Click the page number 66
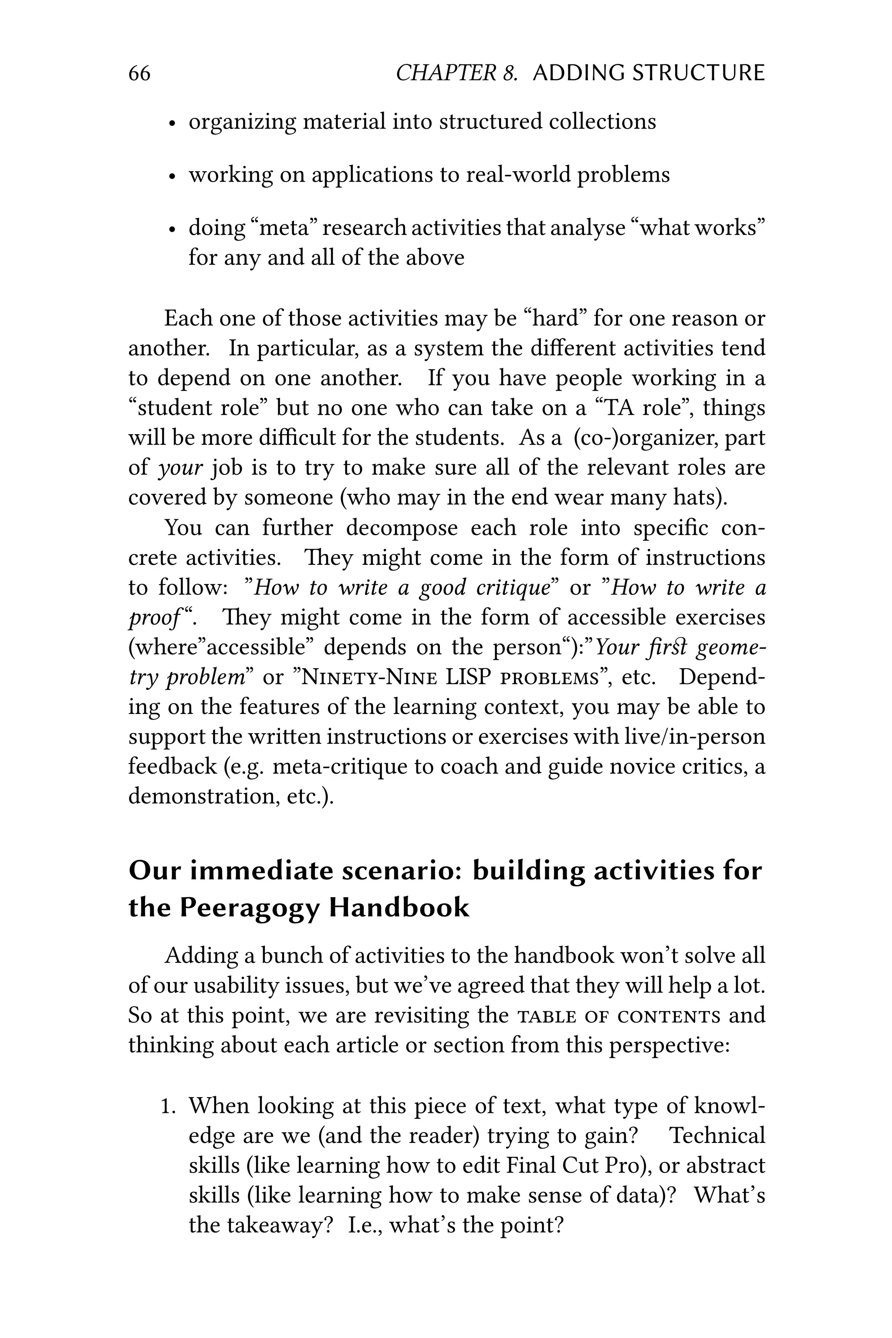coord(139,73)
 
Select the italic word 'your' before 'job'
coord(180,468)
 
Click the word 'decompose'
coord(401,527)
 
